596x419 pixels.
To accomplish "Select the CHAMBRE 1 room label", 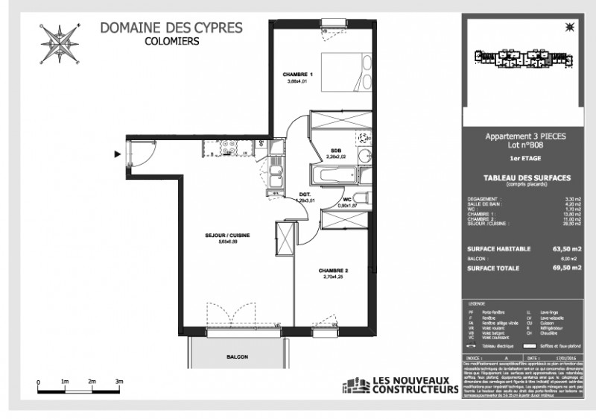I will click(x=297, y=75).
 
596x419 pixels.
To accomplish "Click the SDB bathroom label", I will click(x=336, y=150).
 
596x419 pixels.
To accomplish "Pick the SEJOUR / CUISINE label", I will click(x=227, y=235).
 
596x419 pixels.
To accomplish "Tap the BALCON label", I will click(x=238, y=357).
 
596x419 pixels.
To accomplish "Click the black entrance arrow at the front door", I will click(x=116, y=155).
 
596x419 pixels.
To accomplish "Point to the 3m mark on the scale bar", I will click(x=118, y=381).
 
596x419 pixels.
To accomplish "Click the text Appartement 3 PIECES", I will click(x=515, y=137).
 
